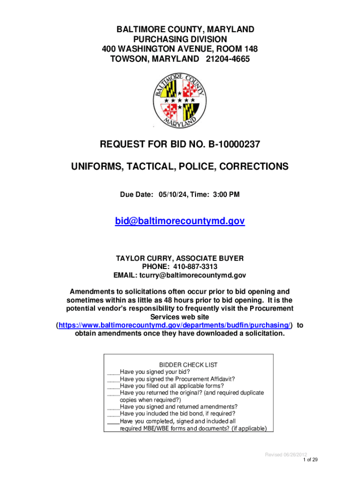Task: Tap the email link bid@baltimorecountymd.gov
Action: pos(180,220)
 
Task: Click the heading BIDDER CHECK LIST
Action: pos(188,365)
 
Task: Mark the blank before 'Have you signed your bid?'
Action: pos(113,372)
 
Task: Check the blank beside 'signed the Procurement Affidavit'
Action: pos(113,379)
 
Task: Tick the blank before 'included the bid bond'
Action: pos(113,414)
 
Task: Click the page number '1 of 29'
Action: pos(310,460)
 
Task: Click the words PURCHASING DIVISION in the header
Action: pos(180,39)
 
